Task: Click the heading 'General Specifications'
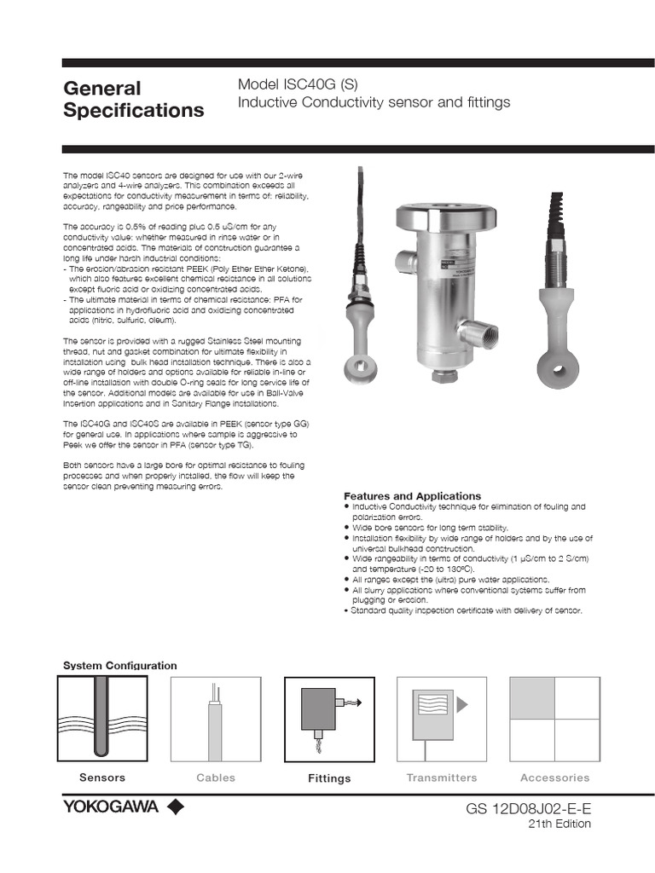[134, 100]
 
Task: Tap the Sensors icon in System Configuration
[102, 719]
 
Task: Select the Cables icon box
[216, 719]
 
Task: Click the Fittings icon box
[329, 719]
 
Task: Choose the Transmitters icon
[441, 719]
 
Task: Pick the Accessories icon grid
[554, 719]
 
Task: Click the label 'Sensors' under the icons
[102, 778]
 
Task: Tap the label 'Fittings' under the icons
[329, 778]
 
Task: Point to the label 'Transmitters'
[441, 778]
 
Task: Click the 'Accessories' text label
[554, 778]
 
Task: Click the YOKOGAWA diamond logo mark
[175, 807]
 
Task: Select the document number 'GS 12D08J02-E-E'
[528, 807]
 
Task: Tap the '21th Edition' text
[559, 824]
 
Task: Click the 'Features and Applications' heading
[412, 496]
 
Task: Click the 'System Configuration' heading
[120, 665]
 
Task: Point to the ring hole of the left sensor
[354, 368]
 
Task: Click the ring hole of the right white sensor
[559, 369]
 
